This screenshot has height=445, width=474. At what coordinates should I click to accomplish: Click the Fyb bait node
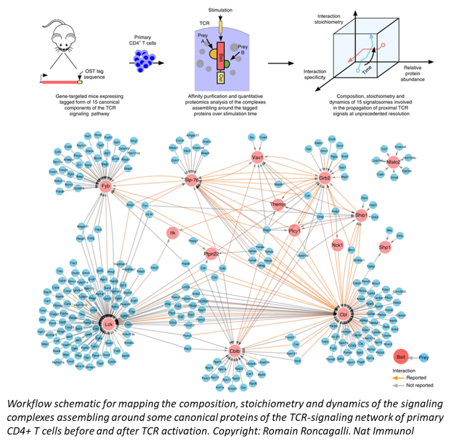coord(106,186)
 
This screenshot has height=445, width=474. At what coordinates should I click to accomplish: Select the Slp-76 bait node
coord(192,180)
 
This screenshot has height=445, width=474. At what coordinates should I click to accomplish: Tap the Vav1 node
coord(257,158)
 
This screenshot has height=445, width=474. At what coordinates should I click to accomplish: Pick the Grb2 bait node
coord(324,178)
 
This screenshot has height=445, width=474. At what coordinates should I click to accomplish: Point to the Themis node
coord(278,204)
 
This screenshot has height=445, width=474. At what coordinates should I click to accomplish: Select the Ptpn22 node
coord(211,253)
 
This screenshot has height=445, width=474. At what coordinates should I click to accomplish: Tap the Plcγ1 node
coord(295,230)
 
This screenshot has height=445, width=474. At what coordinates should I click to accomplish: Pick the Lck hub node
coord(109,323)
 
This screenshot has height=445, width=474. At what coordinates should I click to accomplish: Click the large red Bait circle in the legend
coord(401,357)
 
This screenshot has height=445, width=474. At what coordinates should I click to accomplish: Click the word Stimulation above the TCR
coord(221,10)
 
